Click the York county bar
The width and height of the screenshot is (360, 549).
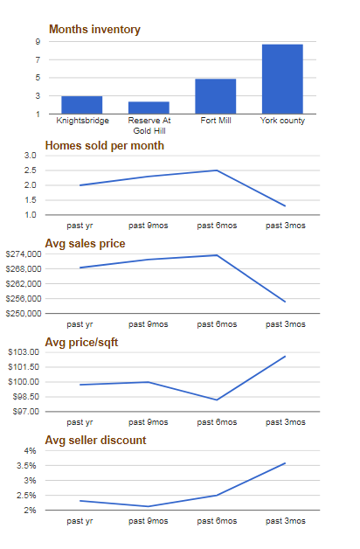[282, 79]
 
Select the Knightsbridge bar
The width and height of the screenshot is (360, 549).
[82, 105]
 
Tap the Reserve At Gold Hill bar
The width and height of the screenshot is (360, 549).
[149, 108]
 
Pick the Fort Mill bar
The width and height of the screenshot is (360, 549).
[216, 96]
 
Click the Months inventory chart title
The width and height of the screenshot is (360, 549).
[94, 30]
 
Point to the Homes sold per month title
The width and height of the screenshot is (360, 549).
[105, 146]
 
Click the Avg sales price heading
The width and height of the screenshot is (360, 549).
[85, 244]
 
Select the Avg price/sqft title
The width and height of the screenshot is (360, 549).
[81, 342]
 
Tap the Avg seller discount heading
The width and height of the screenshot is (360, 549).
[95, 440]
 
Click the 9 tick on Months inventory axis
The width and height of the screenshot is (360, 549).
[38, 42]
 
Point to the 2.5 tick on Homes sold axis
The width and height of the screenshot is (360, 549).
[30, 170]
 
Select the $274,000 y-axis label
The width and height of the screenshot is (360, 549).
[24, 254]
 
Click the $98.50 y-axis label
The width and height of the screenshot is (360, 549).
[26, 397]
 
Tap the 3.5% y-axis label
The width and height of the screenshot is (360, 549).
[26, 466]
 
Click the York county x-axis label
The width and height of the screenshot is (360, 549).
[282, 121]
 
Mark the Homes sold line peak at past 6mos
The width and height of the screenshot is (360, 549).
[217, 170]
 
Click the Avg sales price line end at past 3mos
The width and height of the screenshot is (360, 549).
[285, 302]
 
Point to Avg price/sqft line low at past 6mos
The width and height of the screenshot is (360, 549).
[217, 400]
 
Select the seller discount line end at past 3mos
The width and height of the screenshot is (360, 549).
[285, 463]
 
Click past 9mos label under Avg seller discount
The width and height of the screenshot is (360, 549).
[149, 521]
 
